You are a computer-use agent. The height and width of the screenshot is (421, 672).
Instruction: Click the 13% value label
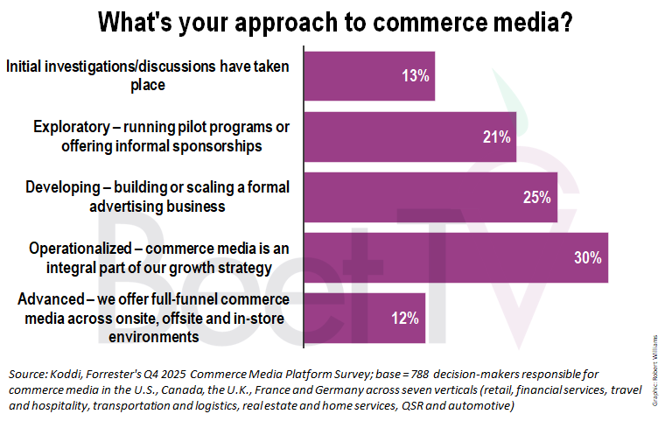[416, 75]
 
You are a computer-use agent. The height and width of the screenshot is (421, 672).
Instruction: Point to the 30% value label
[588, 258]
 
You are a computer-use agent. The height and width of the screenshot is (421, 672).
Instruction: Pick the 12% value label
[405, 319]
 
